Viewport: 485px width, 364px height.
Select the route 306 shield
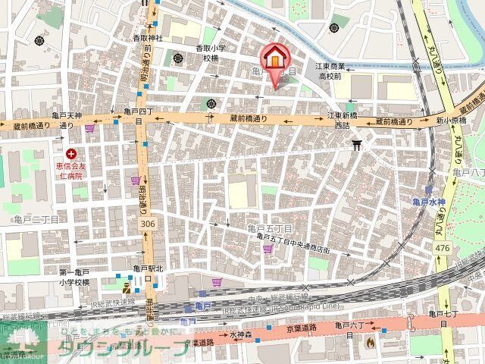click(x=148, y=224)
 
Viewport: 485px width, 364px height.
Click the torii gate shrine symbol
click(x=356, y=143)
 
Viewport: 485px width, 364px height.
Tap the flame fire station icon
click(x=370, y=343)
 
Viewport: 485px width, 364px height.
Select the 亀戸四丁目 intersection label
click(x=139, y=115)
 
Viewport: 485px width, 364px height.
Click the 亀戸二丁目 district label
click(x=36, y=218)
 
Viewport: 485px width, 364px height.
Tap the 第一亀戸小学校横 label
click(x=74, y=277)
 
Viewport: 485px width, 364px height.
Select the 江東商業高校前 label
click(x=331, y=71)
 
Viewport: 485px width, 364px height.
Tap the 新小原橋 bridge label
click(x=450, y=121)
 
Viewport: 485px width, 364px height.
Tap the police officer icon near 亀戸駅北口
click(x=127, y=287)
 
